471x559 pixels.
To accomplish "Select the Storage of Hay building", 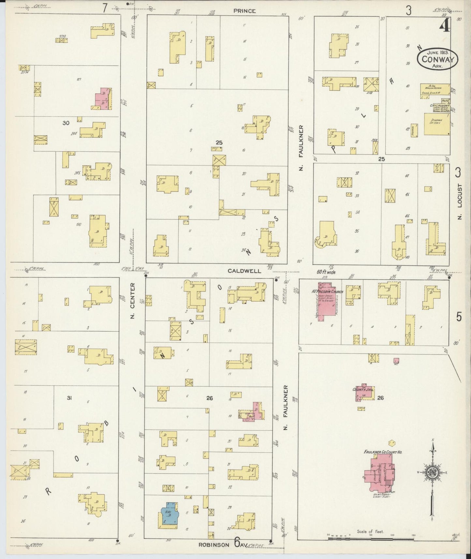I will coord(437,124).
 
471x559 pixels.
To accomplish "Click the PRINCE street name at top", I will coord(244,11).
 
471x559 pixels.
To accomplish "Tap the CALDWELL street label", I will coord(244,271).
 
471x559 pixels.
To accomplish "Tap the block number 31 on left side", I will coord(69,397).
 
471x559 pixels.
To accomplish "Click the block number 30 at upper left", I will coord(66,123).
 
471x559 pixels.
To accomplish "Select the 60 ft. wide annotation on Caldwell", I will coord(326,272).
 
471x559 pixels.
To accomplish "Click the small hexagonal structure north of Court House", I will coord(391,443).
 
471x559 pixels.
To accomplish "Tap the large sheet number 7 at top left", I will coord(105,8).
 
